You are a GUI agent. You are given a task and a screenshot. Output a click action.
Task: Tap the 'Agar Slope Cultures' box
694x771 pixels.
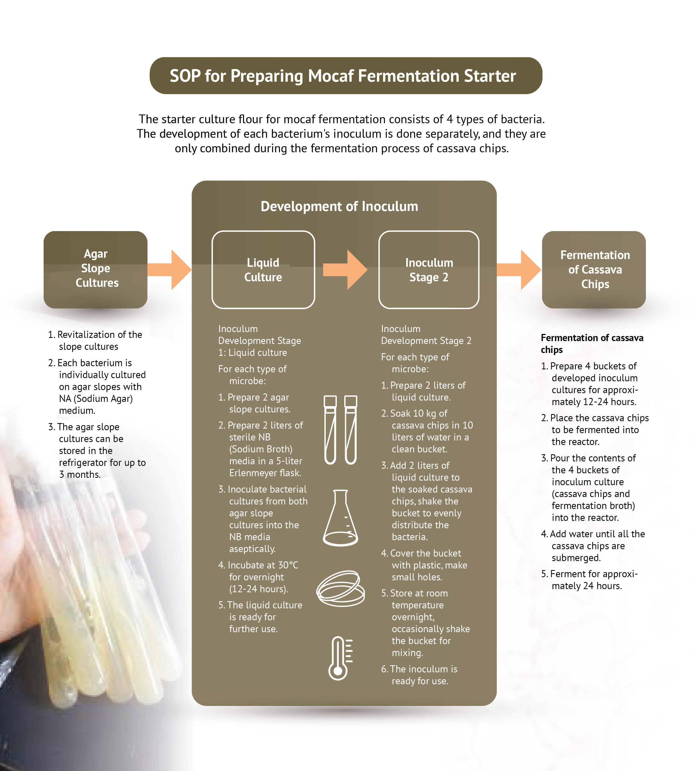(x=96, y=269)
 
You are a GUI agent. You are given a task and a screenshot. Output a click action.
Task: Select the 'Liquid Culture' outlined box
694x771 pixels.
(x=263, y=270)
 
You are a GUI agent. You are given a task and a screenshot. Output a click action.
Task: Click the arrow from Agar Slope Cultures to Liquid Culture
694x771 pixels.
(x=170, y=270)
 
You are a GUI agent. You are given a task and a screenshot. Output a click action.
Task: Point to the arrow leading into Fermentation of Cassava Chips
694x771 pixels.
(x=519, y=270)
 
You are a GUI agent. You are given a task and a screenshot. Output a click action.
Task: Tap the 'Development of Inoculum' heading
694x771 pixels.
(x=339, y=206)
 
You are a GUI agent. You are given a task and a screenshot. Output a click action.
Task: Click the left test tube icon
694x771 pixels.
(x=330, y=430)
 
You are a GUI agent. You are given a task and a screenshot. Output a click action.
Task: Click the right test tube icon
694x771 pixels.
(x=350, y=430)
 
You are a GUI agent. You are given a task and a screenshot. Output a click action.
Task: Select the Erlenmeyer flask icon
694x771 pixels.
(x=340, y=517)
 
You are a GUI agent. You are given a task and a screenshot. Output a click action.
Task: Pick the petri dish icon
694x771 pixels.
(x=340, y=588)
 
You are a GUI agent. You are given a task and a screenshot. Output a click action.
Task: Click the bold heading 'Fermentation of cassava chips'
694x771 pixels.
(x=591, y=343)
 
